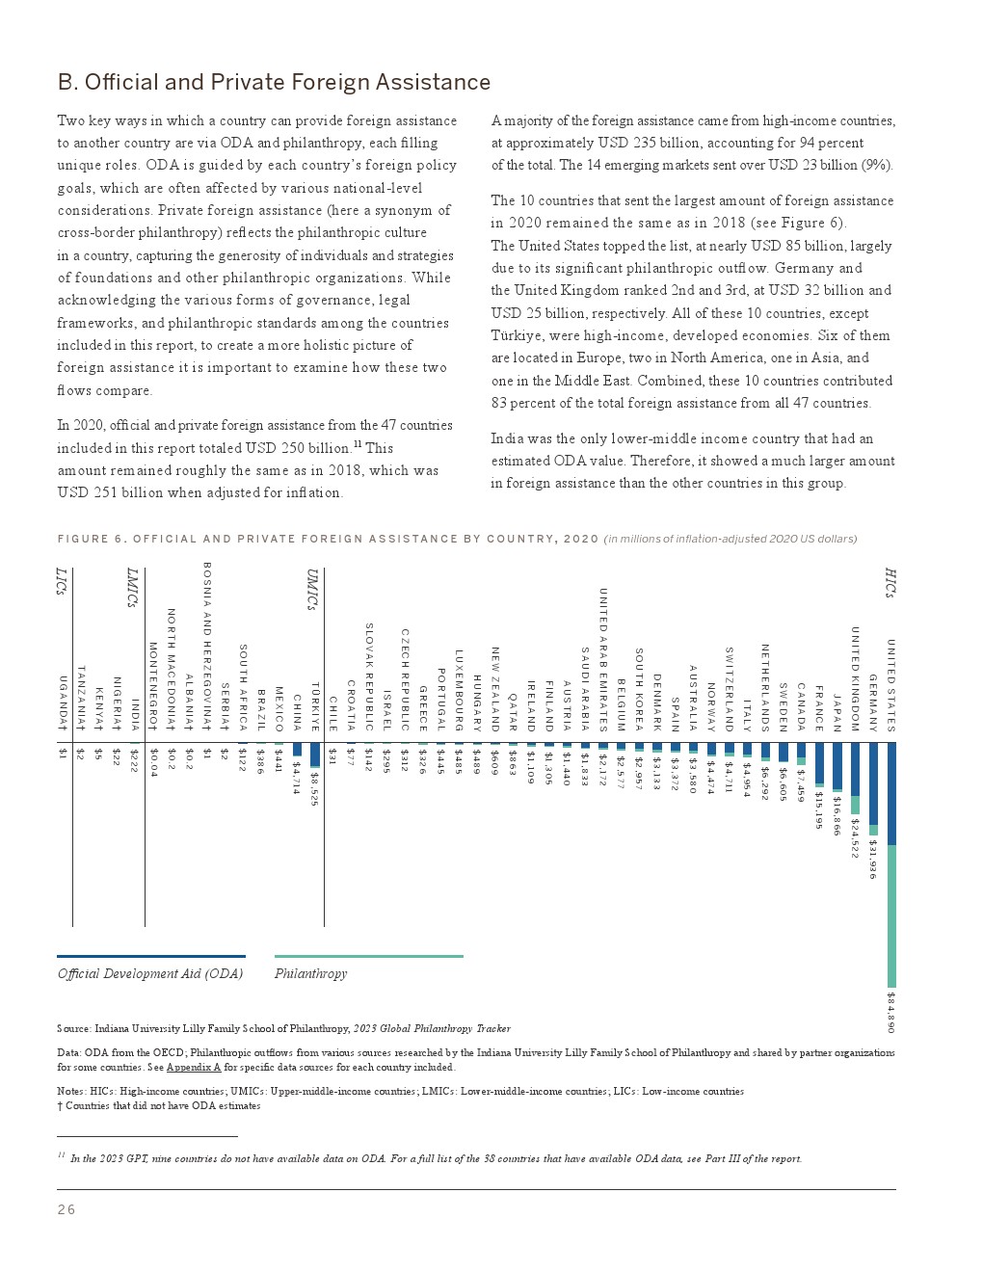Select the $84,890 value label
click(891, 1012)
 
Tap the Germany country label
click(873, 703)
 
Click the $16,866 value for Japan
click(837, 815)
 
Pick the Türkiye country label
click(314, 707)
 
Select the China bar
click(297, 749)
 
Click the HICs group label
click(890, 583)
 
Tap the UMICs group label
click(311, 589)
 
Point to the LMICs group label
click(132, 588)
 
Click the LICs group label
click(61, 581)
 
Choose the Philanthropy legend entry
click(310, 973)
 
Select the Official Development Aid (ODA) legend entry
click(150, 973)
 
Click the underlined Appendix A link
click(193, 1067)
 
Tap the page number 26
click(66, 1209)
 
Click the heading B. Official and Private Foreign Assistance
click(274, 82)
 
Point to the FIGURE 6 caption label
click(328, 539)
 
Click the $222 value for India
click(134, 760)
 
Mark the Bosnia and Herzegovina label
click(206, 646)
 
